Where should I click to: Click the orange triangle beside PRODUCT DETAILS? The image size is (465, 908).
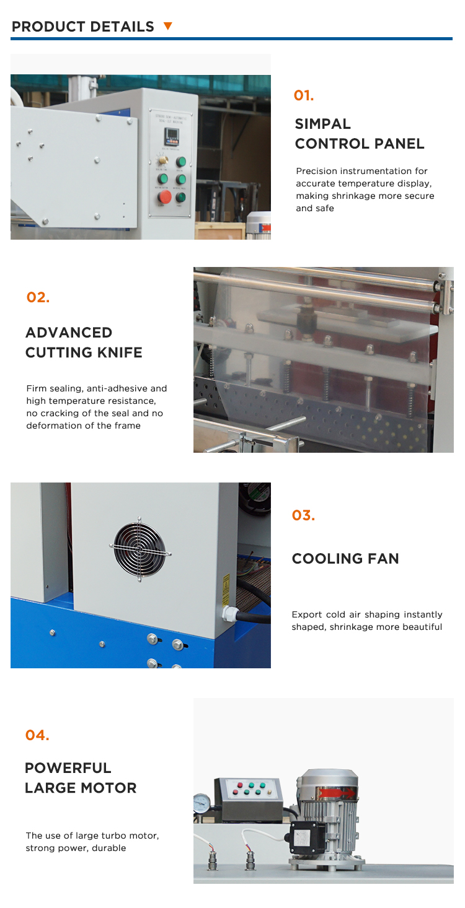point(168,27)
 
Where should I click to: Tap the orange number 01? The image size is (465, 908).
point(304,95)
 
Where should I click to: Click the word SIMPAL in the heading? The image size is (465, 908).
point(322,124)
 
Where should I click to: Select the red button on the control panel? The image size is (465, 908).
point(164,197)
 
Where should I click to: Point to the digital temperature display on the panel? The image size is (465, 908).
point(171,136)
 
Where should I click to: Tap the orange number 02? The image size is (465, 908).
point(38,297)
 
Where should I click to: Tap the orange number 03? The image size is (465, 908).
point(303,515)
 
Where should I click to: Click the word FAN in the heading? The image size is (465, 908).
point(383,559)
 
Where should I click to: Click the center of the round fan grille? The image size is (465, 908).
point(139,549)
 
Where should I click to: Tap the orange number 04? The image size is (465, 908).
point(37,735)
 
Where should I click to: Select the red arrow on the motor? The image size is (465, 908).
point(337,793)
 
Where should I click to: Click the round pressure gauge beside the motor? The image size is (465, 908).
point(202,803)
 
